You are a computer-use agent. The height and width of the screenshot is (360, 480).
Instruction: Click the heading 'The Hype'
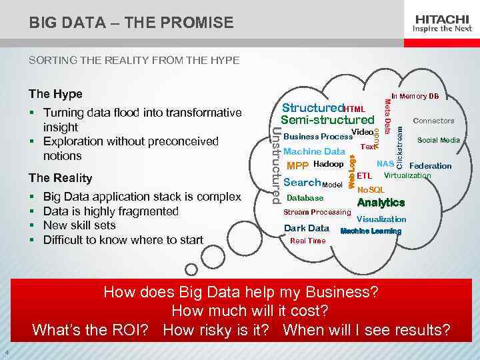coord(55,94)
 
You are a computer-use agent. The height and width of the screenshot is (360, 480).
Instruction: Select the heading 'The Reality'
coord(60,178)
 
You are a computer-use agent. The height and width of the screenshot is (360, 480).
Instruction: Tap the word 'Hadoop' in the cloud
coord(328,164)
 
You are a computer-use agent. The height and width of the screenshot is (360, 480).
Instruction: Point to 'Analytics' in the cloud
coord(381,203)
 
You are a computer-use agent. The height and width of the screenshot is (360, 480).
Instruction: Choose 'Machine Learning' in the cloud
coord(371,231)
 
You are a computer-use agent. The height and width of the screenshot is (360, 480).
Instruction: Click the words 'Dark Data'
coord(307,228)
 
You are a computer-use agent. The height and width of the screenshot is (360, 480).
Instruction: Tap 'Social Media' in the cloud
coord(438,141)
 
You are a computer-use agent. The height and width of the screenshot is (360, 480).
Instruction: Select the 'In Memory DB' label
coord(415,97)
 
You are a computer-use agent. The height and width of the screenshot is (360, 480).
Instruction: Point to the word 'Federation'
coord(430,166)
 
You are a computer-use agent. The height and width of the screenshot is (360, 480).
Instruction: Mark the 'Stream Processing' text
coord(317,213)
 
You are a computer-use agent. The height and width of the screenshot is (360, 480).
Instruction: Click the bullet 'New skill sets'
coord(79,225)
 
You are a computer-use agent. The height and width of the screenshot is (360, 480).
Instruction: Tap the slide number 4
coord(5,353)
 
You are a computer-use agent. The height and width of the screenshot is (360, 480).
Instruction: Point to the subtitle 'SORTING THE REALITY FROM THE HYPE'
coord(133,61)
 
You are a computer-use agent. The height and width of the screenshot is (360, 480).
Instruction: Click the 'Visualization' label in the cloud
coord(381,219)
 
